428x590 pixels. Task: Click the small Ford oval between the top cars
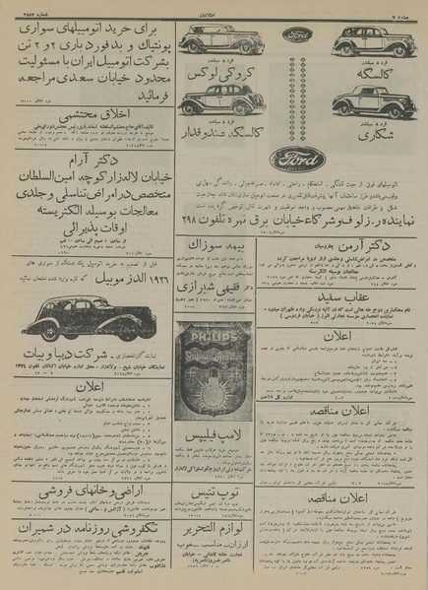[x=298, y=33]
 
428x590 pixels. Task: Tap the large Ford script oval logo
[x=298, y=157]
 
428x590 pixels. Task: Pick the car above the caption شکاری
[x=372, y=102]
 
